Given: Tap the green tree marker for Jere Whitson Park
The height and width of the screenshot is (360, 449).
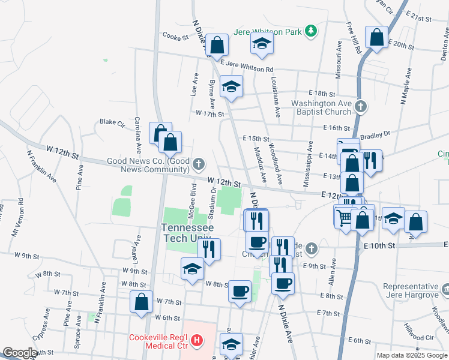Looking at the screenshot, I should coord(310,31).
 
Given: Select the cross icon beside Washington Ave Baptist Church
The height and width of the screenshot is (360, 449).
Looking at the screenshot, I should coord(360,107).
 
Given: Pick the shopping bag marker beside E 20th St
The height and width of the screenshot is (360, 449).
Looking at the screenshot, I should coord(376,37).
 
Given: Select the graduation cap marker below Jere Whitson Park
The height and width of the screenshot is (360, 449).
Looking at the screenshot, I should coord(262,43).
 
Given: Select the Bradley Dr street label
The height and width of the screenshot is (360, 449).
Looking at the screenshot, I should coord(376,134).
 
